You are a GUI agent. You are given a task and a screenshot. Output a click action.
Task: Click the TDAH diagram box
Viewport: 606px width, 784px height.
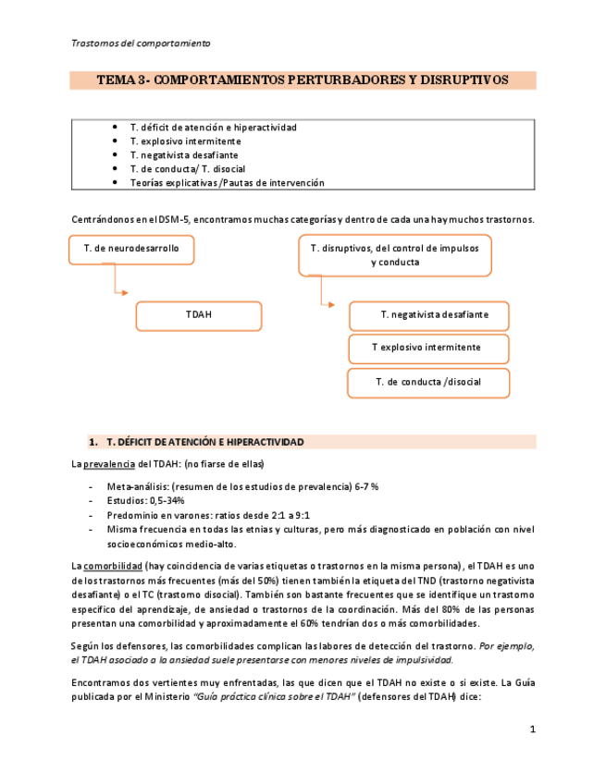tap(198, 315)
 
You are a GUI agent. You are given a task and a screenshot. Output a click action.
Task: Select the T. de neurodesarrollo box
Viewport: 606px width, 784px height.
tap(131, 250)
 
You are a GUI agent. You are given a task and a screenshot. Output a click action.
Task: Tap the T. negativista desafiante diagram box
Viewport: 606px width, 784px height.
tap(429, 315)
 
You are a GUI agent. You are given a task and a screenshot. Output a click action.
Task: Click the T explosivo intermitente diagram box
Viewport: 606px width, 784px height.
tap(427, 349)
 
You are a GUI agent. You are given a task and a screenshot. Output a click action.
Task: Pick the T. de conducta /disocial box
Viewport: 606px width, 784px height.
tap(428, 382)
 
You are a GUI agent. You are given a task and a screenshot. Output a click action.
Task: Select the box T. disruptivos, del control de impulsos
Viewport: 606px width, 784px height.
tap(394, 255)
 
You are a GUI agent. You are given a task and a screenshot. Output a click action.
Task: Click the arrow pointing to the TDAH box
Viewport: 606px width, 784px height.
tap(115, 281)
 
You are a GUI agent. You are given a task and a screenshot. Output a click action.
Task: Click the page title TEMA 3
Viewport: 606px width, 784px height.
tap(303, 80)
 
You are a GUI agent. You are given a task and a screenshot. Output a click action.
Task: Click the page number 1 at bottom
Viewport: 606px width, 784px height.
tap(532, 730)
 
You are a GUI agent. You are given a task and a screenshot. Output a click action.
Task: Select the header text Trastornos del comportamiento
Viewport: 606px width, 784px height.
tap(141, 43)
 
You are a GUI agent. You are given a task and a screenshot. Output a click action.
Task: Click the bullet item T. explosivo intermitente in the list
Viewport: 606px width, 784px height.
tap(185, 141)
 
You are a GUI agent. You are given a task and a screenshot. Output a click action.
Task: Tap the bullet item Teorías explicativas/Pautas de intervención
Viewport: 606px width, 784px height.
tap(227, 183)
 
